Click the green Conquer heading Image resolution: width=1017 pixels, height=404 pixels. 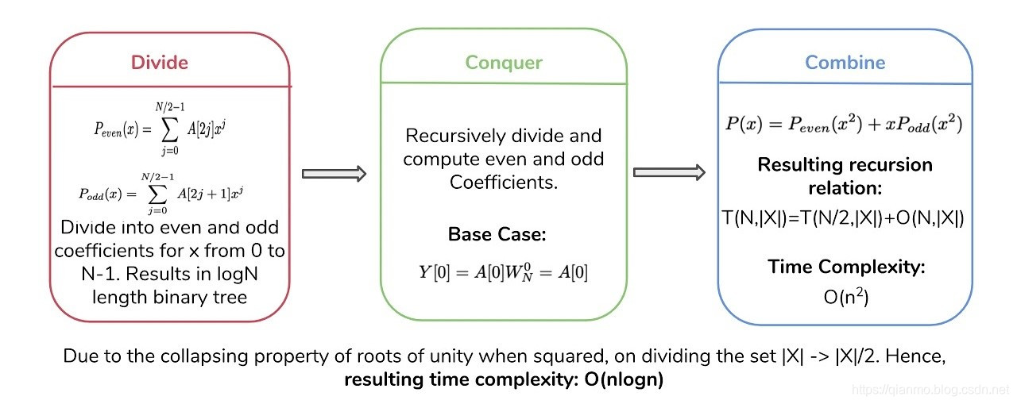click(504, 62)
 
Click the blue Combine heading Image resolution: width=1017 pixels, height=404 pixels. click(845, 62)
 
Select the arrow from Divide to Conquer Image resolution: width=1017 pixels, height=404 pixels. click(334, 173)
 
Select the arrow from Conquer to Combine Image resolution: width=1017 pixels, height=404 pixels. click(669, 171)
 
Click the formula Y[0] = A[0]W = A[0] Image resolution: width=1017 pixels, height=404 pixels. click(503, 272)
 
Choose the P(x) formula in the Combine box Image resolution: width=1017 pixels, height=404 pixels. click(845, 125)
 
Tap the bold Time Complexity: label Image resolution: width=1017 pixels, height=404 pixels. click(846, 267)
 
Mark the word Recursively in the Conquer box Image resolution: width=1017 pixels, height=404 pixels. click(447, 136)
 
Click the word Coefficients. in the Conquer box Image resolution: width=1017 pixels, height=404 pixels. click(503, 182)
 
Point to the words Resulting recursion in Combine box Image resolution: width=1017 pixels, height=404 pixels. click(845, 165)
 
